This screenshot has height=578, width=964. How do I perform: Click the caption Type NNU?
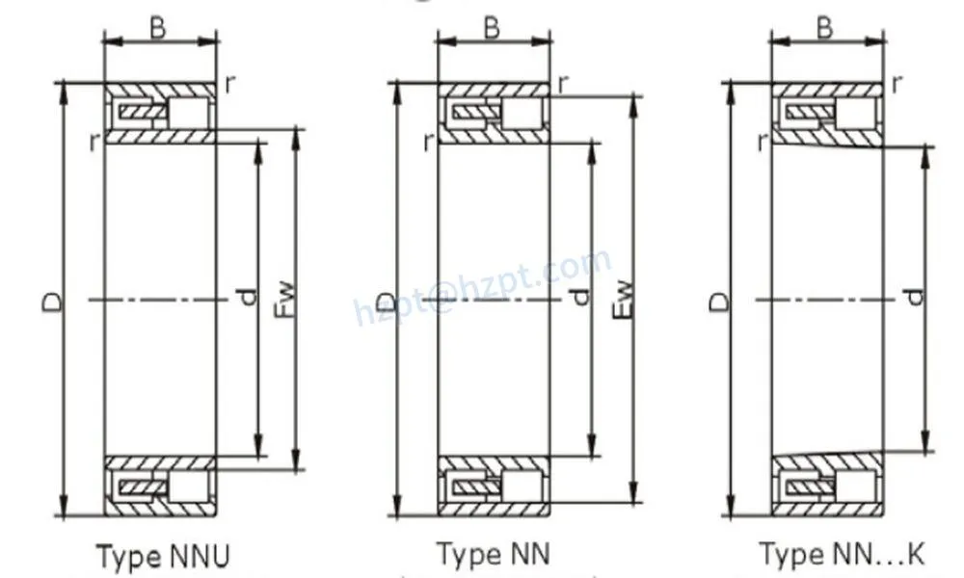click(163, 556)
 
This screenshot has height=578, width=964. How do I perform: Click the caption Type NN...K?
click(842, 554)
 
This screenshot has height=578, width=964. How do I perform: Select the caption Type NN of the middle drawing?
click(493, 554)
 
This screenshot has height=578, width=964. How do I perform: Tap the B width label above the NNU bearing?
click(158, 29)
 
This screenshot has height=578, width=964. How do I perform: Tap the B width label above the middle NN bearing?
click(492, 29)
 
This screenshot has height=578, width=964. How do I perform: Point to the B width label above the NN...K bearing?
click(825, 29)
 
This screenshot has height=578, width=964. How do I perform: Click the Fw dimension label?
click(285, 301)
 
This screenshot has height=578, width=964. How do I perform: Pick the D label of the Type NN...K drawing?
click(719, 302)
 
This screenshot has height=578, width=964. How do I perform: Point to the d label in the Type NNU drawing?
click(248, 299)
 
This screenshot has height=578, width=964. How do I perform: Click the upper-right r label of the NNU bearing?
click(228, 84)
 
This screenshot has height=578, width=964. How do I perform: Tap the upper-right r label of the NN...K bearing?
click(897, 84)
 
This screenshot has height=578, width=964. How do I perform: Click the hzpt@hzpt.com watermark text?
click(482, 285)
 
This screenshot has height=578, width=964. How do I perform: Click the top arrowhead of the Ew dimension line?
click(632, 103)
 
